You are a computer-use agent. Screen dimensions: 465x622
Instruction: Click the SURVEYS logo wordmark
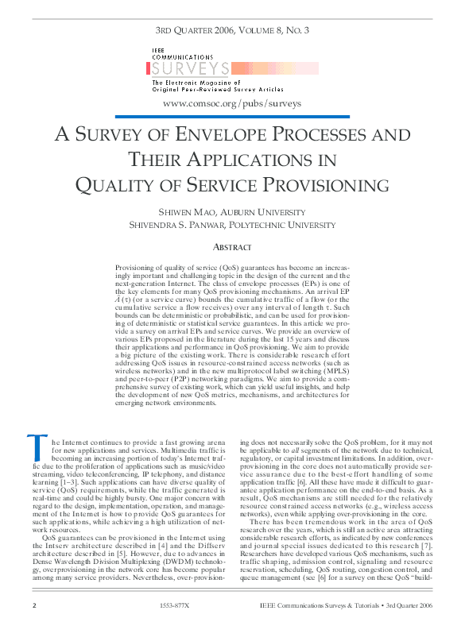pos(192,69)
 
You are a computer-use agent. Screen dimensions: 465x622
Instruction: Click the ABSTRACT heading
pos(232,247)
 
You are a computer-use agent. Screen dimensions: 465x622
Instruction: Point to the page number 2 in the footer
pos(33,606)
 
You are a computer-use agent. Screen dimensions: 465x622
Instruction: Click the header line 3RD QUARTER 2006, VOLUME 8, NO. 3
pos(232,32)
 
